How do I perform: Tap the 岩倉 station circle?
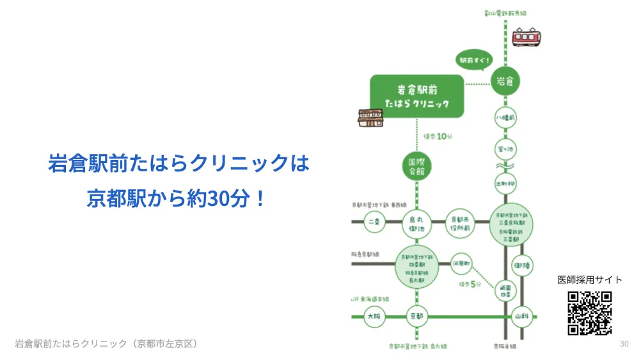click(505, 81)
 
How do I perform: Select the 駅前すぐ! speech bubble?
click(475, 60)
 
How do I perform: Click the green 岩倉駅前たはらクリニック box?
click(417, 96)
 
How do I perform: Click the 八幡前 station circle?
click(505, 118)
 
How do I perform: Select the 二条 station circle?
click(374, 223)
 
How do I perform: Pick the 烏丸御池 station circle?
click(417, 223)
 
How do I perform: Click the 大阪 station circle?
click(374, 316)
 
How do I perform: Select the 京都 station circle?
click(417, 316)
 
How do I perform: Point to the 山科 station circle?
click(522, 316)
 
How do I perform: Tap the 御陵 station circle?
click(522, 265)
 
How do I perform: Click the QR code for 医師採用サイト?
click(589, 313)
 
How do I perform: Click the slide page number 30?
click(624, 344)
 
